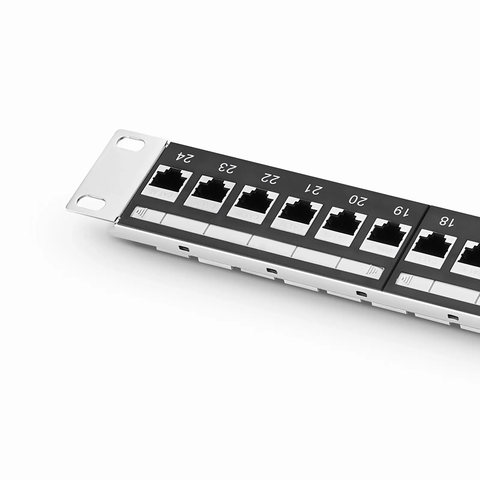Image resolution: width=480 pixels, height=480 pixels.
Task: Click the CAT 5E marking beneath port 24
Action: point(167,196)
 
